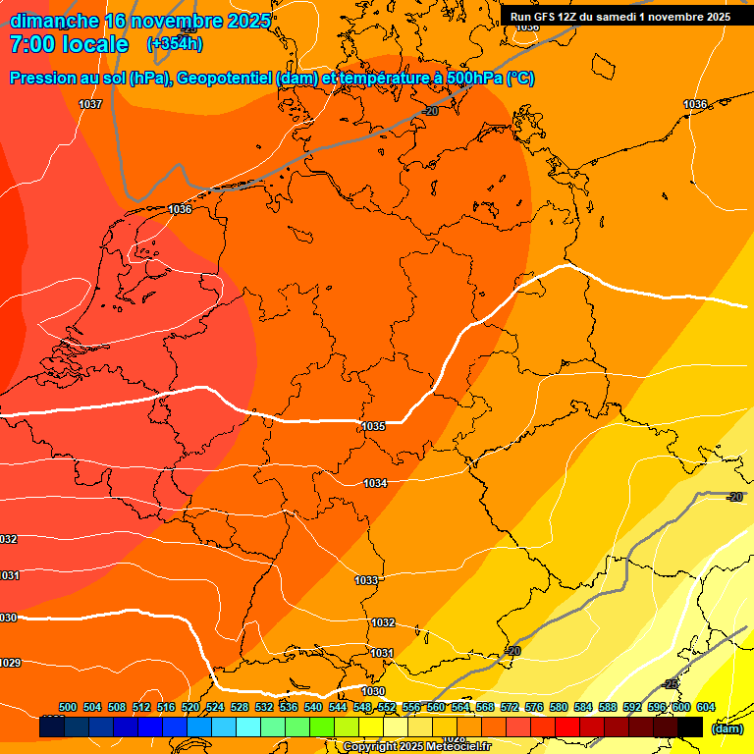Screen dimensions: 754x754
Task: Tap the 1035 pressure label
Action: coord(373,426)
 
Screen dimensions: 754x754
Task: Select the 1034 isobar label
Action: coord(375,483)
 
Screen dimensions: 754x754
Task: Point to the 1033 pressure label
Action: coord(366,580)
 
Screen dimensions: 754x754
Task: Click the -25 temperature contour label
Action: coord(671,683)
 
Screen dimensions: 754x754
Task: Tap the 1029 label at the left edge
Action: coord(9,663)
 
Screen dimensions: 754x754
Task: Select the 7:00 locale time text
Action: coord(69,44)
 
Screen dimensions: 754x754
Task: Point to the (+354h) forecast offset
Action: coord(174,44)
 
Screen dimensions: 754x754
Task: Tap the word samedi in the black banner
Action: coord(618,17)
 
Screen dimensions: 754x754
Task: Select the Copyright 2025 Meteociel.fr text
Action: coord(417,747)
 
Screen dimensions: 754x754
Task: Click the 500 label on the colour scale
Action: coord(68,707)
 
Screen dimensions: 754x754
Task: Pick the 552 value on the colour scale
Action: coord(387,707)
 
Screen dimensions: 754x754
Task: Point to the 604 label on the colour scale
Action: coord(705,707)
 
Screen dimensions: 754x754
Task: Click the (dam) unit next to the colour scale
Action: coord(727,728)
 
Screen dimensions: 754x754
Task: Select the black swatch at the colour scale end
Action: coord(689,727)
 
